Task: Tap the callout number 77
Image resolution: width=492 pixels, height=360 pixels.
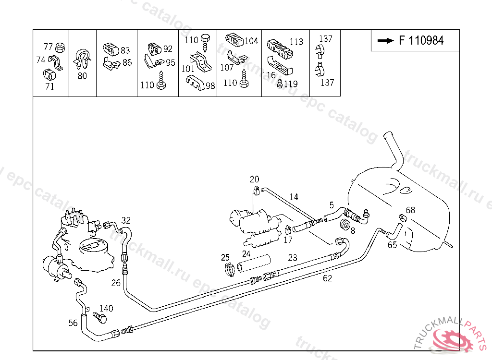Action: (48, 47)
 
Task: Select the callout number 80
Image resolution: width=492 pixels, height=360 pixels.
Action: (82, 76)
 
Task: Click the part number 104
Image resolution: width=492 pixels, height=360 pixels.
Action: (251, 41)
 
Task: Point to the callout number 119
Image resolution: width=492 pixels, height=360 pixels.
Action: (291, 84)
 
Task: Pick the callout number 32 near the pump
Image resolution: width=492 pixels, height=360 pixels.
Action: (125, 221)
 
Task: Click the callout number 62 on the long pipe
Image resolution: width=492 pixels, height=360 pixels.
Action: (327, 278)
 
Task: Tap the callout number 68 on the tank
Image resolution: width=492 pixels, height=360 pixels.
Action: (410, 210)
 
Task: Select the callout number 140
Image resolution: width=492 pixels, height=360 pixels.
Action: (106, 309)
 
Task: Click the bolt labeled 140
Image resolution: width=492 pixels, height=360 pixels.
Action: (98, 317)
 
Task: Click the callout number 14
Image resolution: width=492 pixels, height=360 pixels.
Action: (294, 197)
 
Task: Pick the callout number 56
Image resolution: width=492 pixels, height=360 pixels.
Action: (73, 323)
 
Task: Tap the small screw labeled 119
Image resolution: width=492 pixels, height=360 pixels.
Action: (280, 84)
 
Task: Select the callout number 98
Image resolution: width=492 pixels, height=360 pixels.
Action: (210, 85)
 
